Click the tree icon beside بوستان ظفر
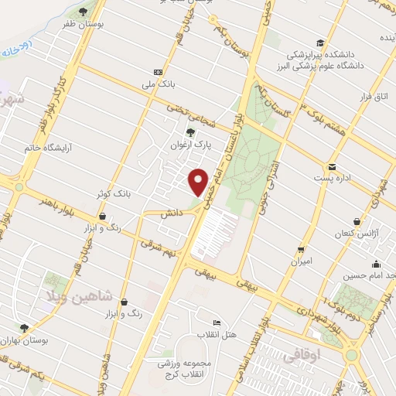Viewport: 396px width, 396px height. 83,12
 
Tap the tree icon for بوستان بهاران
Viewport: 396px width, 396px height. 24,328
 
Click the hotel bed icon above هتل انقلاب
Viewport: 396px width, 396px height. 217,322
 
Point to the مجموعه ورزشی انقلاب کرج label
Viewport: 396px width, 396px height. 189,368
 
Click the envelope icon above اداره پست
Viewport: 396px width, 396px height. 331,166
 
